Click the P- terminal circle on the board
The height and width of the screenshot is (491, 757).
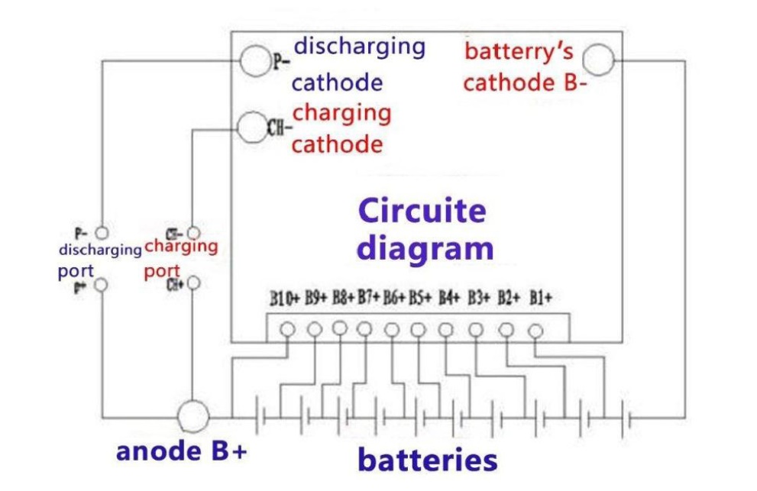coord(254,62)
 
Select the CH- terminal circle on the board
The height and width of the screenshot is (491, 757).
coord(251,128)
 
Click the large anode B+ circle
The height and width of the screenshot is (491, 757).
coord(192,416)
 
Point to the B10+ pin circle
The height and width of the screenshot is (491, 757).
coord(288,329)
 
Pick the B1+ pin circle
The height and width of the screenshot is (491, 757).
coord(535,331)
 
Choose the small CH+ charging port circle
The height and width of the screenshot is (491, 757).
coord(193,283)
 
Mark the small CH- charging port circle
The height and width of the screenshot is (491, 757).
coord(193,231)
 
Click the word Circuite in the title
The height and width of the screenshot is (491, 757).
coord(421,211)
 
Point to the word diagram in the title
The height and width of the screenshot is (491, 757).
coord(425,249)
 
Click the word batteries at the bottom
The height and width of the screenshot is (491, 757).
coord(427,460)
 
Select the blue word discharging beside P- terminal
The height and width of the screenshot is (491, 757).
coord(359,46)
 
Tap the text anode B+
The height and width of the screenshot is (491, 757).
coord(181,451)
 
